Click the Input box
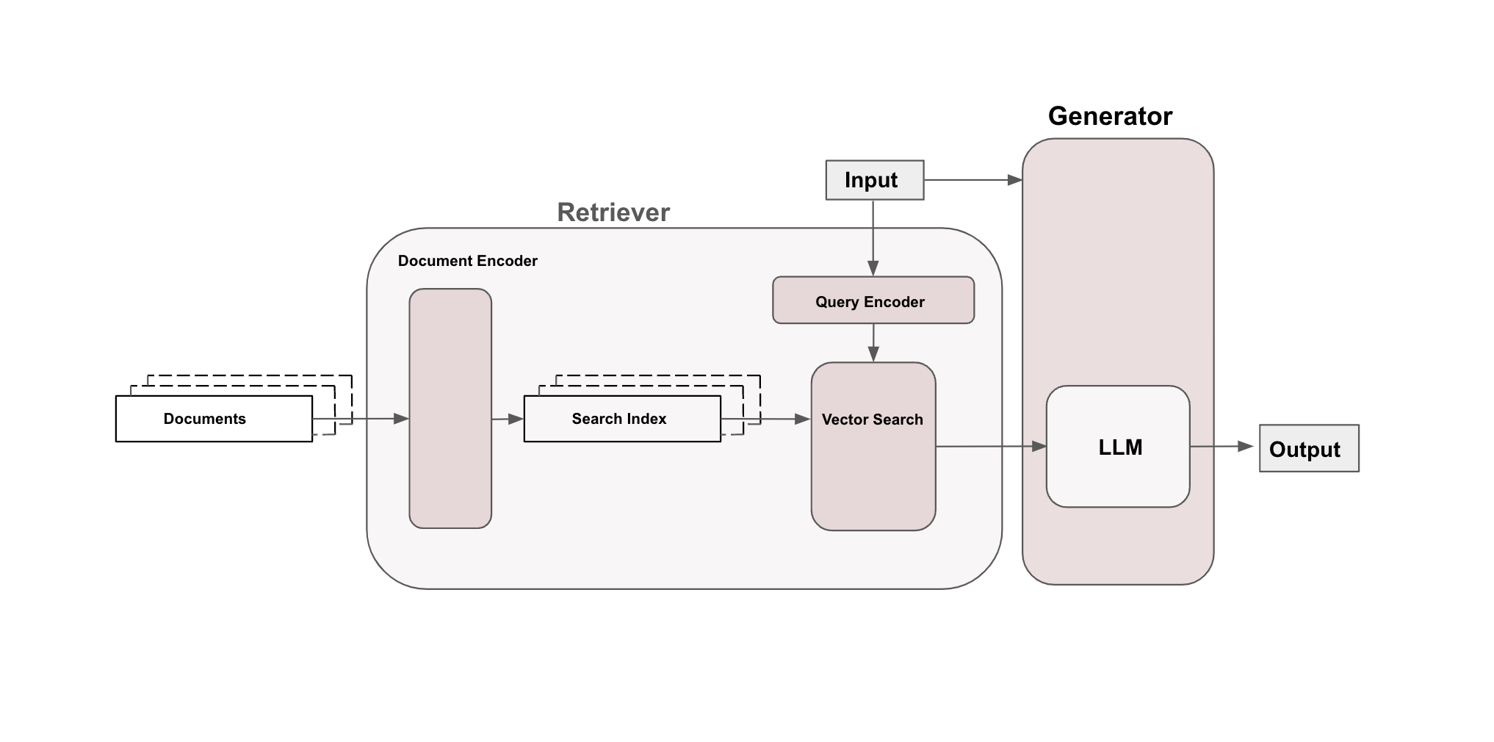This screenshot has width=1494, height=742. (x=874, y=180)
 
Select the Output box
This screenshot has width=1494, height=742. (x=1308, y=448)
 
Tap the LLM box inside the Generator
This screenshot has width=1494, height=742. (x=1117, y=447)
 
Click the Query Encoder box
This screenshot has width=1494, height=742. (x=873, y=300)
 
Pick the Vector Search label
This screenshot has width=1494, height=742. (x=872, y=419)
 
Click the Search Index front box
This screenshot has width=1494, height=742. (x=621, y=419)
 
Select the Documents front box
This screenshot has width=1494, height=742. (x=213, y=419)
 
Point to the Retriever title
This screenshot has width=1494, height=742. (x=613, y=212)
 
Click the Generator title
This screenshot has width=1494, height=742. (x=1109, y=116)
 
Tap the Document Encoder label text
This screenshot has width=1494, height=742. (x=467, y=261)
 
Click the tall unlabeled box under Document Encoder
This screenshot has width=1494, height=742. (x=450, y=408)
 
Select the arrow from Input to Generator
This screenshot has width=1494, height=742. (x=972, y=180)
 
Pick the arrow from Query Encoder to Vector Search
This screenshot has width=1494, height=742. (x=873, y=342)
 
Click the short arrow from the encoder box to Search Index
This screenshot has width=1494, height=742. (x=507, y=419)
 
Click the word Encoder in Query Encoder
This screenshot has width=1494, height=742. (x=894, y=302)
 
